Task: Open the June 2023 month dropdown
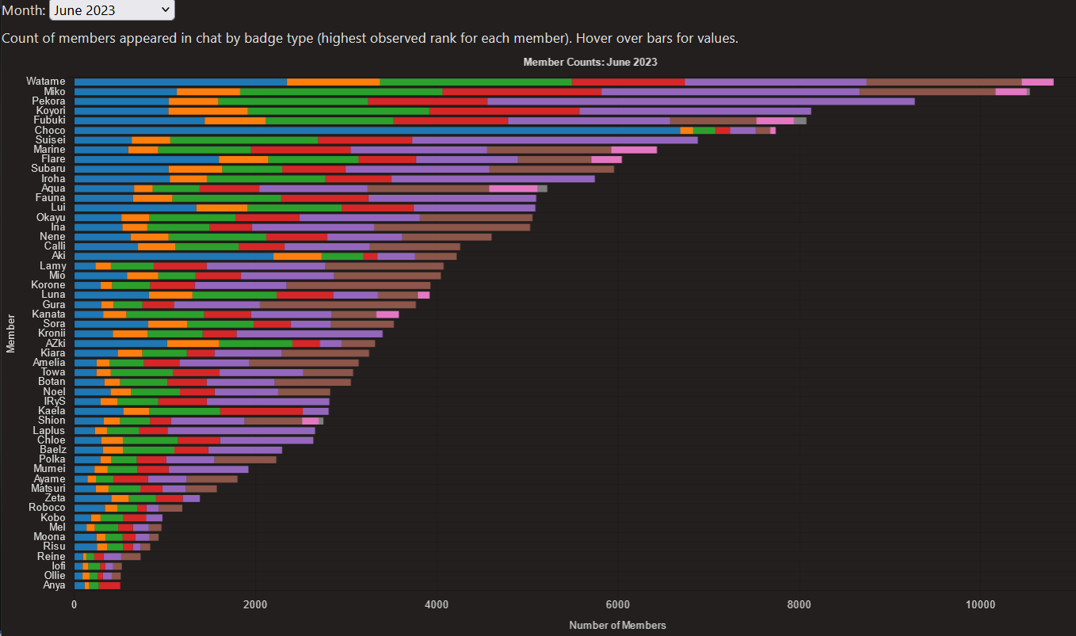point(112,10)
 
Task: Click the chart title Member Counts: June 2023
point(590,62)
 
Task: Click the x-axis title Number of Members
point(617,625)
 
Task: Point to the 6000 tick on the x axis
point(618,604)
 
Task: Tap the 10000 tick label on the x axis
point(980,604)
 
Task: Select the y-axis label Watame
point(46,82)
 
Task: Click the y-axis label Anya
point(55,585)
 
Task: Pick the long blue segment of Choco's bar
point(376,130)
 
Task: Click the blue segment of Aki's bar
point(174,256)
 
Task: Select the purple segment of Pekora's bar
point(700,101)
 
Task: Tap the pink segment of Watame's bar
point(1037,82)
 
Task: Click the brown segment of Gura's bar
point(338,304)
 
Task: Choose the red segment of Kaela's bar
point(261,411)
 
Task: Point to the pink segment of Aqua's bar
point(513,189)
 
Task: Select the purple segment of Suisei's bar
point(555,140)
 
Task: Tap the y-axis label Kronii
point(52,333)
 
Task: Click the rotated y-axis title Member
point(11,333)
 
